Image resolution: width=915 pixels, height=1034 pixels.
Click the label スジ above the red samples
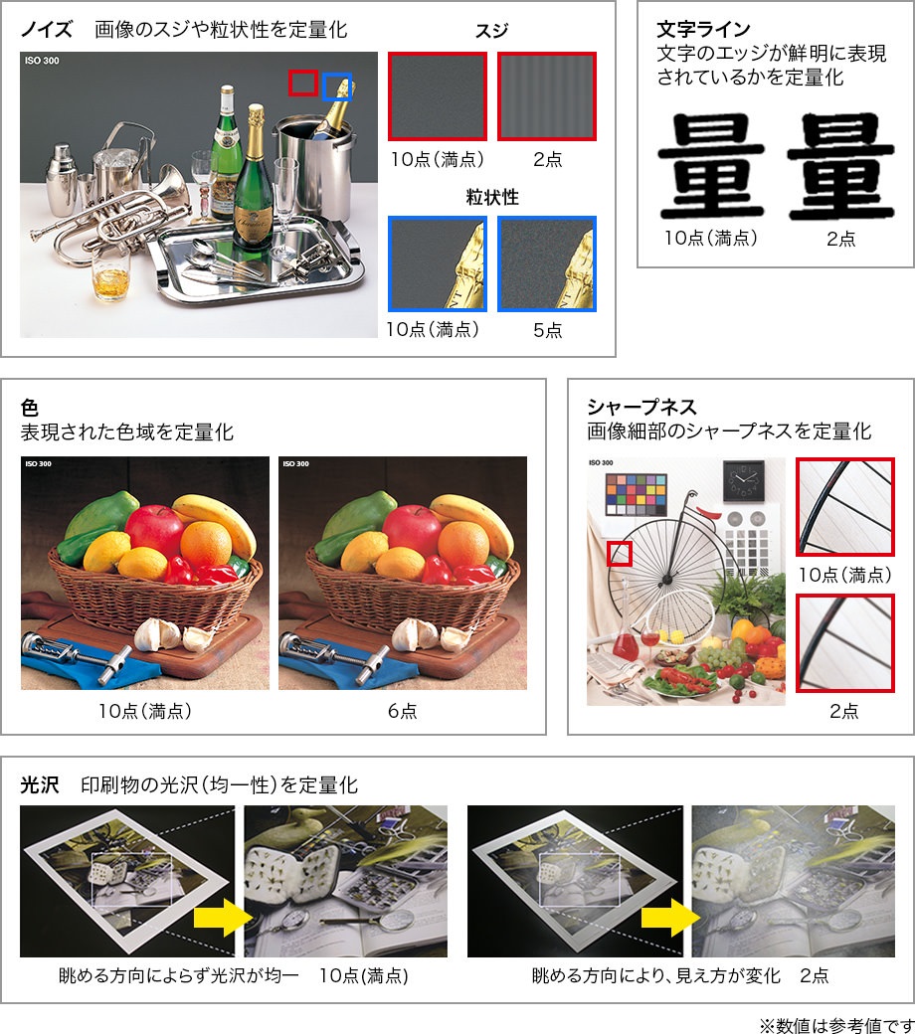pos(492,32)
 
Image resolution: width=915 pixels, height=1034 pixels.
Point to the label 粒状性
pos(492,197)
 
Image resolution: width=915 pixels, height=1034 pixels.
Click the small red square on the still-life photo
pos(302,83)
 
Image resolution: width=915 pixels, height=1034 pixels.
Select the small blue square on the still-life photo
pos(337,86)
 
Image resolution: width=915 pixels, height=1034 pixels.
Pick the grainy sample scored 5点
pos(547,263)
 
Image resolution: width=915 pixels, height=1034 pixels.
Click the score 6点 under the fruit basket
pos(403,711)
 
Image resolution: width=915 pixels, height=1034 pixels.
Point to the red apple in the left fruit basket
pos(154,527)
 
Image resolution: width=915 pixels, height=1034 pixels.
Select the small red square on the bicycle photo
pos(620,554)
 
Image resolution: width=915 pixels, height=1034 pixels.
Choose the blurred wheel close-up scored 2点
pos(843,643)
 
